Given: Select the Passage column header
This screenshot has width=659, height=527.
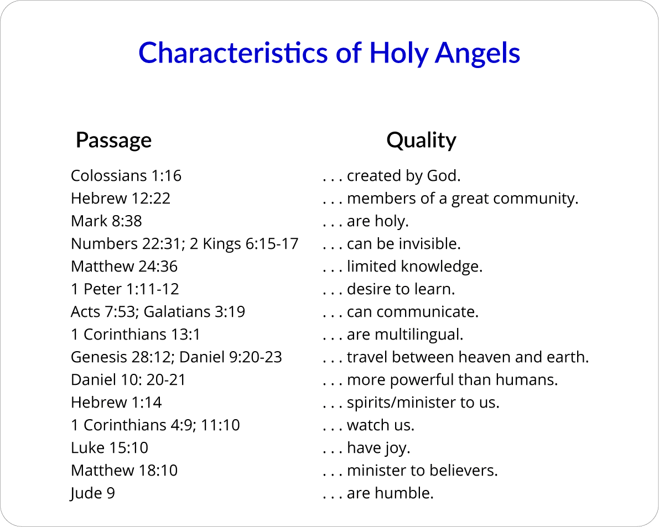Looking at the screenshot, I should [113, 140].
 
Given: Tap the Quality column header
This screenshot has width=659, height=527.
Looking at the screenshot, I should [421, 140].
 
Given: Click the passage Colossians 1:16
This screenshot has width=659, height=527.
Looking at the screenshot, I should [126, 176].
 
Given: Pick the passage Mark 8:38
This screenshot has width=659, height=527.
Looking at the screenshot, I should [106, 221].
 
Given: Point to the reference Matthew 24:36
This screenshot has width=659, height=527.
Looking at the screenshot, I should [124, 267].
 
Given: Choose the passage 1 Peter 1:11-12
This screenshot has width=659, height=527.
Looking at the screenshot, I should [125, 289].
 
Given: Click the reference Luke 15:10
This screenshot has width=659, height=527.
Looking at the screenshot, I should [110, 448].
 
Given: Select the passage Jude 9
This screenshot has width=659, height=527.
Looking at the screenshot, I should [93, 493].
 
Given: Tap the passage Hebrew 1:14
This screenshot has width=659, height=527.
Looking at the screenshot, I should [116, 403].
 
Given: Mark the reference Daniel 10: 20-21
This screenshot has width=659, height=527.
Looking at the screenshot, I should [128, 380].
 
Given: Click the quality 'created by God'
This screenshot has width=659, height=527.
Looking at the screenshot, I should [403, 176].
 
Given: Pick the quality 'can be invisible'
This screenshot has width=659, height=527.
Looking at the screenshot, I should [403, 244].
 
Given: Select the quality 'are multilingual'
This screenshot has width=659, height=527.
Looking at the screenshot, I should [404, 335].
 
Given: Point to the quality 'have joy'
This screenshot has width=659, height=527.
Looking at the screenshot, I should [378, 448].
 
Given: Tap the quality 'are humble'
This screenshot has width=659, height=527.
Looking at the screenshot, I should [390, 493].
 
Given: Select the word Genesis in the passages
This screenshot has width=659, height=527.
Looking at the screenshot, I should [94, 357].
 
